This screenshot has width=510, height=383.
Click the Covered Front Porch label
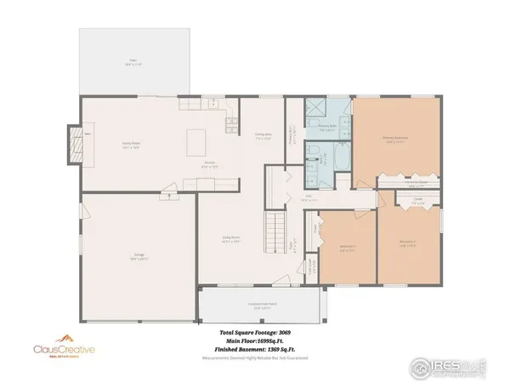259,305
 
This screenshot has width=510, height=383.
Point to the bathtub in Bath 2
337,158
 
